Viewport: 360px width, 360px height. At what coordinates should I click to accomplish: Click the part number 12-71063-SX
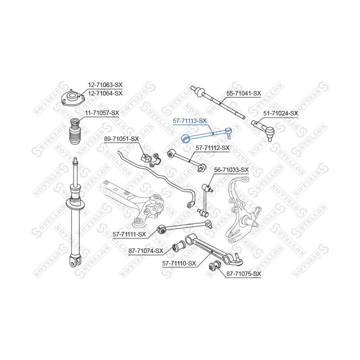point(105,85)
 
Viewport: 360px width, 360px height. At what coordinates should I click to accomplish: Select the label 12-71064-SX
point(105,93)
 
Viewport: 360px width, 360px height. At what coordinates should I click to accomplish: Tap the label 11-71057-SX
point(102,113)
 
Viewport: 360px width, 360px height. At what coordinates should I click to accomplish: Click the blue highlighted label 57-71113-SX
point(190,121)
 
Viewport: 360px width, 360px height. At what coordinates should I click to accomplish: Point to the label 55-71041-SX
point(244,93)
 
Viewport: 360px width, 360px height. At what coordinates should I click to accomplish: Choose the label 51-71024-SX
point(280,113)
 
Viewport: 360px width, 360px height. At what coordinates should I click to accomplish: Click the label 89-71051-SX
point(121,139)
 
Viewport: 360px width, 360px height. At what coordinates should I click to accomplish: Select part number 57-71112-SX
point(212,148)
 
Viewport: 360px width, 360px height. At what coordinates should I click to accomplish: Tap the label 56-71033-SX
point(231,170)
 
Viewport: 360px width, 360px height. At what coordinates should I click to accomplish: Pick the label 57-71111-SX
point(129,234)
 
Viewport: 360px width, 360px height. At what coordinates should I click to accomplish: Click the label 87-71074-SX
point(146,250)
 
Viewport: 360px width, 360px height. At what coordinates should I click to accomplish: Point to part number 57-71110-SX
point(179,263)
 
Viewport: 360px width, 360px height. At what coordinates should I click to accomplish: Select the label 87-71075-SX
point(244,274)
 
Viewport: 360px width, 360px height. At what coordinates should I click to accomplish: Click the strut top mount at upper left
point(73,98)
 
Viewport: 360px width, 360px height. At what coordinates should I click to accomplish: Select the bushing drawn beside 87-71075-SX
point(214,265)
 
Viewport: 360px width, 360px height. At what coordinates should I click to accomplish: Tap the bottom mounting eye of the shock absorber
point(75,261)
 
